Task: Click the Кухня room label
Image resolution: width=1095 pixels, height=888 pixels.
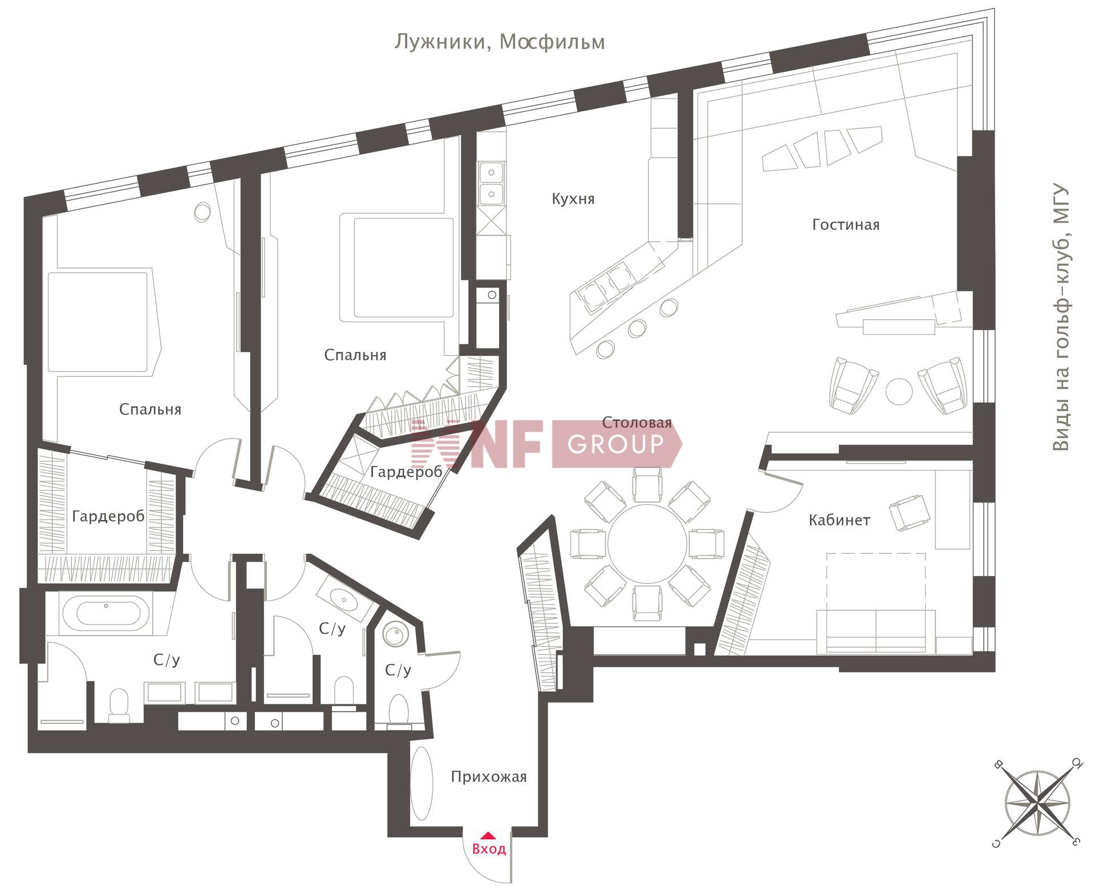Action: pyautogui.click(x=573, y=199)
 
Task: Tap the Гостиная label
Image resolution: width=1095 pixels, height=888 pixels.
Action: pyautogui.click(x=846, y=225)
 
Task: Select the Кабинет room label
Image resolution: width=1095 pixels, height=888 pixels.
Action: pyautogui.click(x=839, y=520)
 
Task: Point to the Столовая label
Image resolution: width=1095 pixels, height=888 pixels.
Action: pyautogui.click(x=637, y=423)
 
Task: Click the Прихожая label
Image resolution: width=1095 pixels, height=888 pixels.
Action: pyautogui.click(x=489, y=777)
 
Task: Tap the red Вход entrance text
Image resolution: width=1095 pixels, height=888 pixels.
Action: pyautogui.click(x=489, y=849)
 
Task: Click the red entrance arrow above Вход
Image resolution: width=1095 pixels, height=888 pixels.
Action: pyautogui.click(x=488, y=836)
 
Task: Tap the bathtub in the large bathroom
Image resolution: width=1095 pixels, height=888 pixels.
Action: pyautogui.click(x=106, y=614)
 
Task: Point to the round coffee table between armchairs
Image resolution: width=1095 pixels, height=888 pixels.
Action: pyautogui.click(x=899, y=391)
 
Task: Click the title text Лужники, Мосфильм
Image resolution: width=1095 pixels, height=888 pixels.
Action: pyautogui.click(x=500, y=42)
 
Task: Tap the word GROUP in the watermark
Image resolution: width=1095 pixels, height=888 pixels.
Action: pyautogui.click(x=616, y=444)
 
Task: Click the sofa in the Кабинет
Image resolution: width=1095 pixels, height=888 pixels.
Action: pyautogui.click(x=875, y=632)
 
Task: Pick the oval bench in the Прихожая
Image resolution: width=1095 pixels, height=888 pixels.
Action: pyautogui.click(x=422, y=784)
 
